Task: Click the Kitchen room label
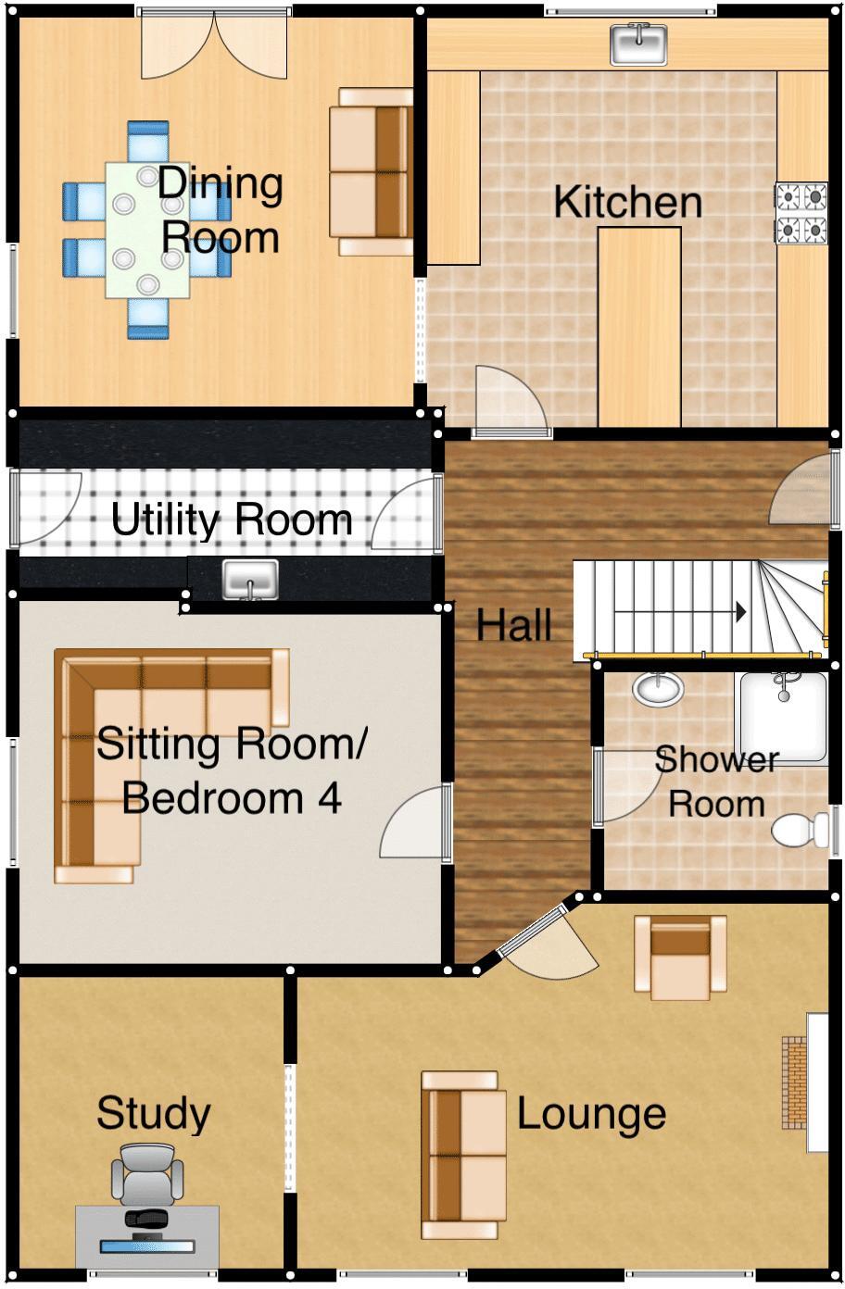pos(627,202)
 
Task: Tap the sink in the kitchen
pos(638,44)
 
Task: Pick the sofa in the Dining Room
pos(372,171)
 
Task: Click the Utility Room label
pos(232,519)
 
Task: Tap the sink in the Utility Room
pos(250,580)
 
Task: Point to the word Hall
pos(514,625)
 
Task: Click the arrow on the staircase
pos(741,611)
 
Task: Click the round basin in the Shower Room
pos(659,688)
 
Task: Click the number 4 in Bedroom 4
pos(329,798)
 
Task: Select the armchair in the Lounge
pos(680,957)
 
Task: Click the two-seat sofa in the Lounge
pos(463,1155)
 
